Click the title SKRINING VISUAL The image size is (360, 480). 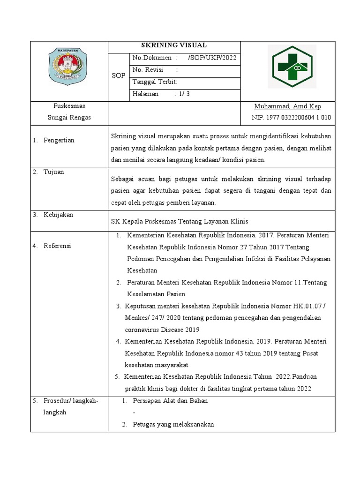(174, 45)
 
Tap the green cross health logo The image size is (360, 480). (292, 67)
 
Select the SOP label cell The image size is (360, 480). (118, 75)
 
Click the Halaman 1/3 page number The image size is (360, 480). (161, 94)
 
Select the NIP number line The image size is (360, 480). (291, 118)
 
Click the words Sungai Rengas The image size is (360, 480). (69, 118)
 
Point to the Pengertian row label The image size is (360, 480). (59, 140)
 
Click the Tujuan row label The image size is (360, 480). (54, 172)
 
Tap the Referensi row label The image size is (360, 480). (57, 246)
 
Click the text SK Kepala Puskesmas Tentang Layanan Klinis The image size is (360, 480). (180, 221)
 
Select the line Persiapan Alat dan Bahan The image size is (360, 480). (171, 401)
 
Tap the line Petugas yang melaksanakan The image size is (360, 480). (173, 424)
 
